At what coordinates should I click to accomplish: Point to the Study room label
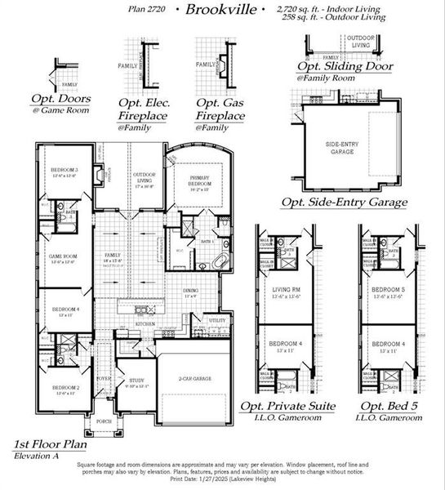136,381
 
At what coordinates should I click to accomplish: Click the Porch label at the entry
104,422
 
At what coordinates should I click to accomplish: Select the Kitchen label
145,324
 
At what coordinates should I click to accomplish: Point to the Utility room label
217,321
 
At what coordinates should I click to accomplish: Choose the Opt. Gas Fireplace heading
220,111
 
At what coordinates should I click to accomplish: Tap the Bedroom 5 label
388,290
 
